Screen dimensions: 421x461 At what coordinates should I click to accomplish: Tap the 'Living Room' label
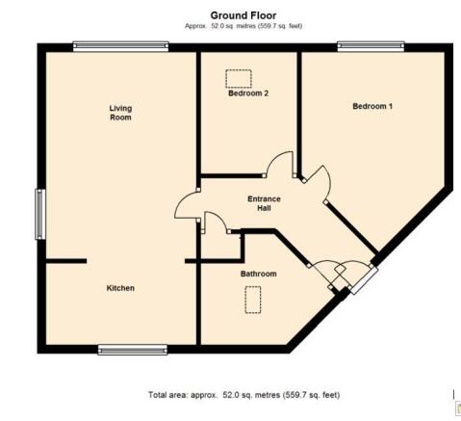[x=120, y=114]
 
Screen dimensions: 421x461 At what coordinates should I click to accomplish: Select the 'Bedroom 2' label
[x=247, y=94]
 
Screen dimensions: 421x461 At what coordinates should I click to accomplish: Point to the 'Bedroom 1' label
[x=372, y=106]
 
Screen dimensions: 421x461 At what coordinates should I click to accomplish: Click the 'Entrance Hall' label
[x=264, y=204]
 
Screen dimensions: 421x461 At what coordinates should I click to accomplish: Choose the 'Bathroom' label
[x=258, y=275]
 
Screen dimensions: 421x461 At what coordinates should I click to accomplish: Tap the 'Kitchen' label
[x=120, y=289]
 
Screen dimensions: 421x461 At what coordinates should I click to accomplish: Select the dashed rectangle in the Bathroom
[x=253, y=301]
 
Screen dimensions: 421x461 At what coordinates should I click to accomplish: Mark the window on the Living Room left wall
[x=40, y=214]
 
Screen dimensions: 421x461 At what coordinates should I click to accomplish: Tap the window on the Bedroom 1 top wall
[x=371, y=43]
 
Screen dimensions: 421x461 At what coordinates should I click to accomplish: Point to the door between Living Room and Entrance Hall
[x=185, y=206]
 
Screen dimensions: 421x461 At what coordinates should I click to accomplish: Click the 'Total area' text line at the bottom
[x=243, y=395]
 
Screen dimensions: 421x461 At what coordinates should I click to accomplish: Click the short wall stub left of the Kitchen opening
[x=65, y=261]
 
